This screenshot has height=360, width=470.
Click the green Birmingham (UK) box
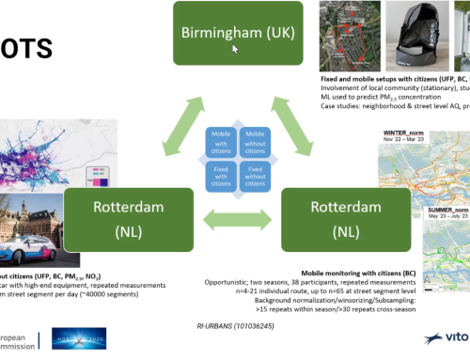tap(237, 34)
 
